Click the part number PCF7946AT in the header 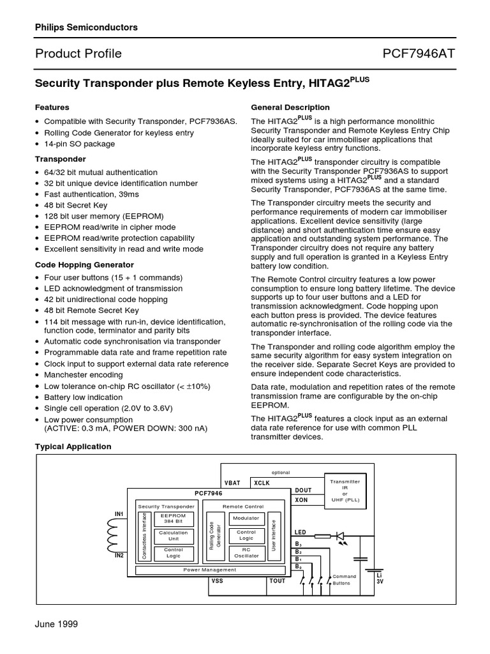(x=419, y=54)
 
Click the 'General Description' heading (x=290, y=107)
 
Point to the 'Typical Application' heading (x=73, y=446)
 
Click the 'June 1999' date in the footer (x=56, y=624)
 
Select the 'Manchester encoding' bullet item (x=83, y=375)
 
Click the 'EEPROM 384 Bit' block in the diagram (x=173, y=518)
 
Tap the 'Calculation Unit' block (x=173, y=535)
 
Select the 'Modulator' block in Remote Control (x=246, y=518)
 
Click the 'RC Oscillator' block (x=246, y=552)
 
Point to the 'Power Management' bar (x=210, y=569)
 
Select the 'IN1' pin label (x=119, y=513)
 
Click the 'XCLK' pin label (x=262, y=483)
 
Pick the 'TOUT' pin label (x=278, y=581)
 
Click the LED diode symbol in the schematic (x=339, y=536)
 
